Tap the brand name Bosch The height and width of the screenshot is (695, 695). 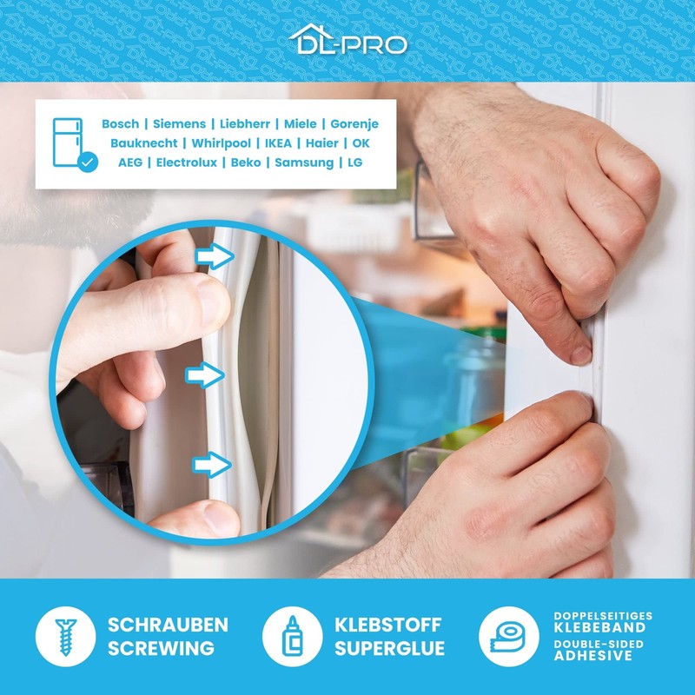120,124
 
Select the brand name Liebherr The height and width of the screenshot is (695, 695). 245,124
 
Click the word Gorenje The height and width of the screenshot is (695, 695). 354,124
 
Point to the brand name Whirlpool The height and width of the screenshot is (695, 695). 222,143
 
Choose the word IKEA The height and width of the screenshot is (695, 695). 278,143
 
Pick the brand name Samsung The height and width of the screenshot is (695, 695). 304,162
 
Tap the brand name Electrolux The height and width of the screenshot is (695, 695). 187,162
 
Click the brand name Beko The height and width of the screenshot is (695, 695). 246,162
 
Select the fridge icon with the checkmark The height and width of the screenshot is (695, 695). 74,144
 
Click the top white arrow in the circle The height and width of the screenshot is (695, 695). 215,256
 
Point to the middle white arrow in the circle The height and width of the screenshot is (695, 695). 205,375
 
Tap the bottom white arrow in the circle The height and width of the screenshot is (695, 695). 212,465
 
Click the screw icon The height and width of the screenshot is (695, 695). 66,637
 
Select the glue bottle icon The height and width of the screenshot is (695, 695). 292,637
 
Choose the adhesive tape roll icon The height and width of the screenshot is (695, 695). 509,637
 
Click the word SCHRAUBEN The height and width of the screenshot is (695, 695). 168,625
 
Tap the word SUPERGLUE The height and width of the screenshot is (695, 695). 389,648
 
